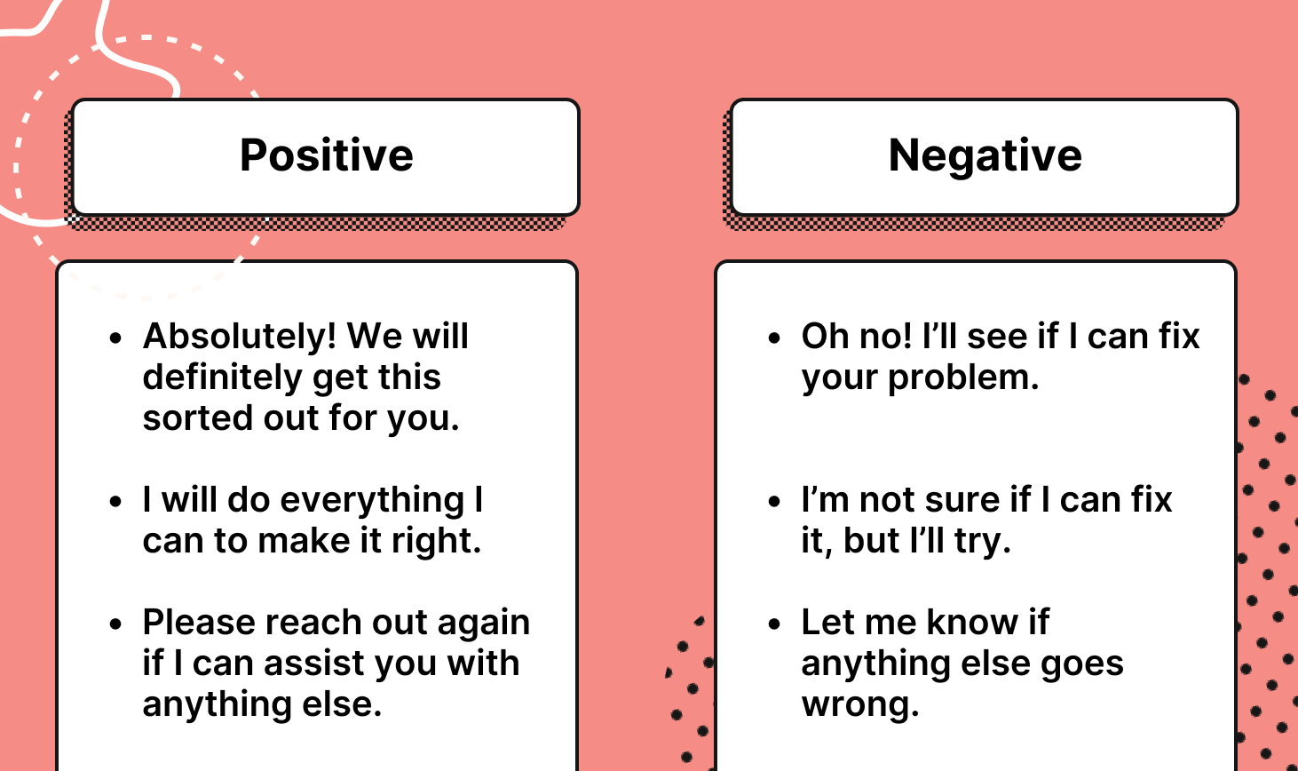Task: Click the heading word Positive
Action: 326,155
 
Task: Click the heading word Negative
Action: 985,155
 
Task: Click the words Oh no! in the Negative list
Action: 857,337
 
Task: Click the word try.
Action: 982,541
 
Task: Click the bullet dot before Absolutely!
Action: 115,338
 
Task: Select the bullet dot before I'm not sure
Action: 774,502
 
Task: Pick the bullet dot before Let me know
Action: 774,624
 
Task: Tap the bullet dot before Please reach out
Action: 115,624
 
